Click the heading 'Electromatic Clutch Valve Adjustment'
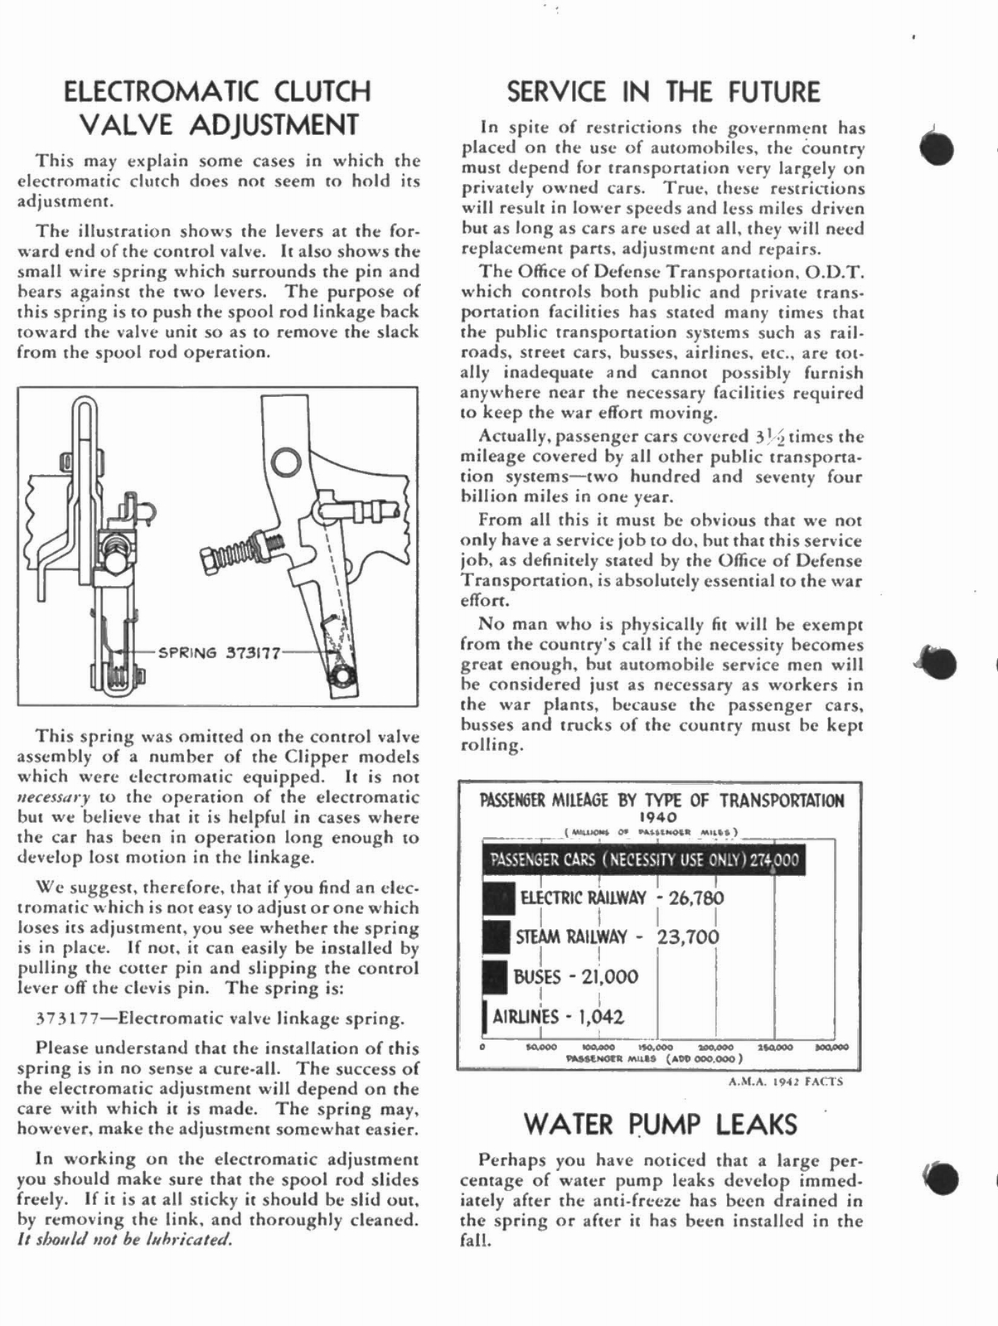218,108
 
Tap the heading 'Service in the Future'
663,92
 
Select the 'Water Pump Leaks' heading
661,1125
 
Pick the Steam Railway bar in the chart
496,937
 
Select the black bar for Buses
495,976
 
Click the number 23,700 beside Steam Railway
688,937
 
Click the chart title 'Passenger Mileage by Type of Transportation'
661,801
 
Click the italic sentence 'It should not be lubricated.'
125,1240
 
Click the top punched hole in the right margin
937,149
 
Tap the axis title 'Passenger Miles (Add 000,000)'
653,1058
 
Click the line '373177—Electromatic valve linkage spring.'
221,1019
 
